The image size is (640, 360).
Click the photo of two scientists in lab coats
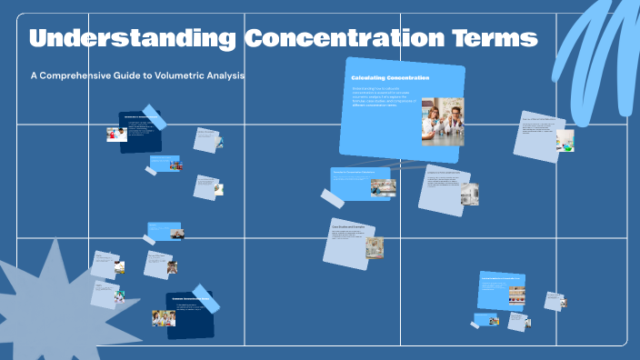tap(442, 121)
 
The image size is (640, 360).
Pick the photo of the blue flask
tap(565, 141)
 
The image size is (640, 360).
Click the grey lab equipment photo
tap(469, 193)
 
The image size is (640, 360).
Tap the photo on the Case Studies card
tap(374, 247)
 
